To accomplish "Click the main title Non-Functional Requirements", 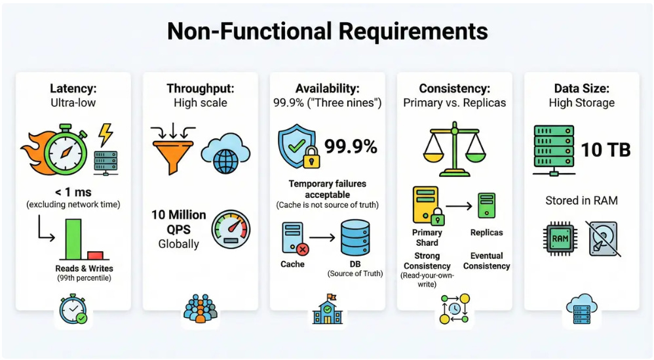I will pos(327,31).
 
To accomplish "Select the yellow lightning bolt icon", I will pos(104,134).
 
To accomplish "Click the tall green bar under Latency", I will pos(73,239).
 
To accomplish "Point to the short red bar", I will pos(96,255).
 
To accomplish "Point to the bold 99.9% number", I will pos(351,147).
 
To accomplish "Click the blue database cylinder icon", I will pos(355,239).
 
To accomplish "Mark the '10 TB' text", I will pos(606,150).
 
